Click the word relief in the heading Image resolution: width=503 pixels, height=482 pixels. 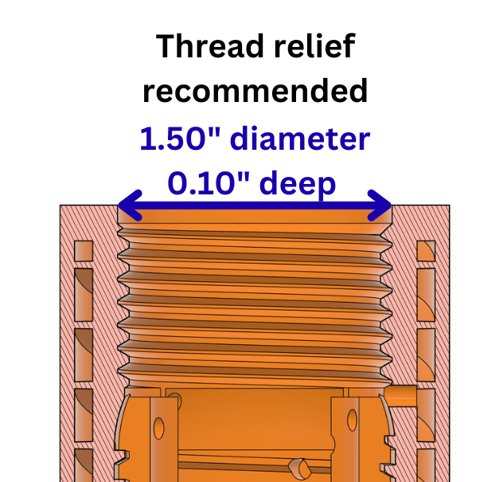(x=314, y=46)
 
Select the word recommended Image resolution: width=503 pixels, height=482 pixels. (x=255, y=91)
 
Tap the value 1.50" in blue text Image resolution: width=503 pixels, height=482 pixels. (x=180, y=138)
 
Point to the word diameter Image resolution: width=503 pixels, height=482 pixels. (x=300, y=138)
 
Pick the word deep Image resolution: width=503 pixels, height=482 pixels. (x=298, y=185)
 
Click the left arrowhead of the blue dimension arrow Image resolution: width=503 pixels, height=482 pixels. (x=130, y=206)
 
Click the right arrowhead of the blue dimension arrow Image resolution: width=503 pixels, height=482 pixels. (x=380, y=206)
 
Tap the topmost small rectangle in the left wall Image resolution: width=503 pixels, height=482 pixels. (x=84, y=251)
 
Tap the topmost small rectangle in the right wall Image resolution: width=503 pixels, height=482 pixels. (x=426, y=251)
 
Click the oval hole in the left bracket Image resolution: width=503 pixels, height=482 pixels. (x=159, y=428)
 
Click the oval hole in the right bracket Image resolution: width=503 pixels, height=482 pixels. (x=353, y=420)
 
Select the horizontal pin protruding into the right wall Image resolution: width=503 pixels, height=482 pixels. (x=401, y=396)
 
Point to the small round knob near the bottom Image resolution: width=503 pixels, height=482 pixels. (x=299, y=467)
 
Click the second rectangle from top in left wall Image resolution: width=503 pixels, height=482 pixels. (x=84, y=295)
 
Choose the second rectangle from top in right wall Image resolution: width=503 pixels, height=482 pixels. (x=426, y=295)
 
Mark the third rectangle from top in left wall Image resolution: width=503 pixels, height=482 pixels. (x=84, y=355)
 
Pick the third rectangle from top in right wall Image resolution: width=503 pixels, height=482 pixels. (x=426, y=355)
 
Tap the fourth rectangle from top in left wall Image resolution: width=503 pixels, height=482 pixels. (x=84, y=415)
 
